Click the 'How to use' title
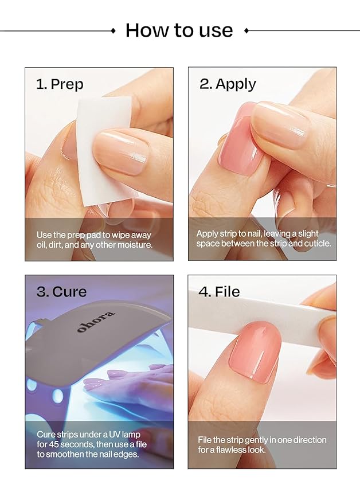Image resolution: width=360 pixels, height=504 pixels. point(179,30)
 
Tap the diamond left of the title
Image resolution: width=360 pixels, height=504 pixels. point(113,30)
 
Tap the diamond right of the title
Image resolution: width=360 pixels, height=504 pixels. point(246,30)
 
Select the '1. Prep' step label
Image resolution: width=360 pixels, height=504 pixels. point(60,84)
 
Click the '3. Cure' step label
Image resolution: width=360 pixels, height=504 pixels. point(61,291)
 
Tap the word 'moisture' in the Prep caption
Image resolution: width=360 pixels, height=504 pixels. point(136,245)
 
